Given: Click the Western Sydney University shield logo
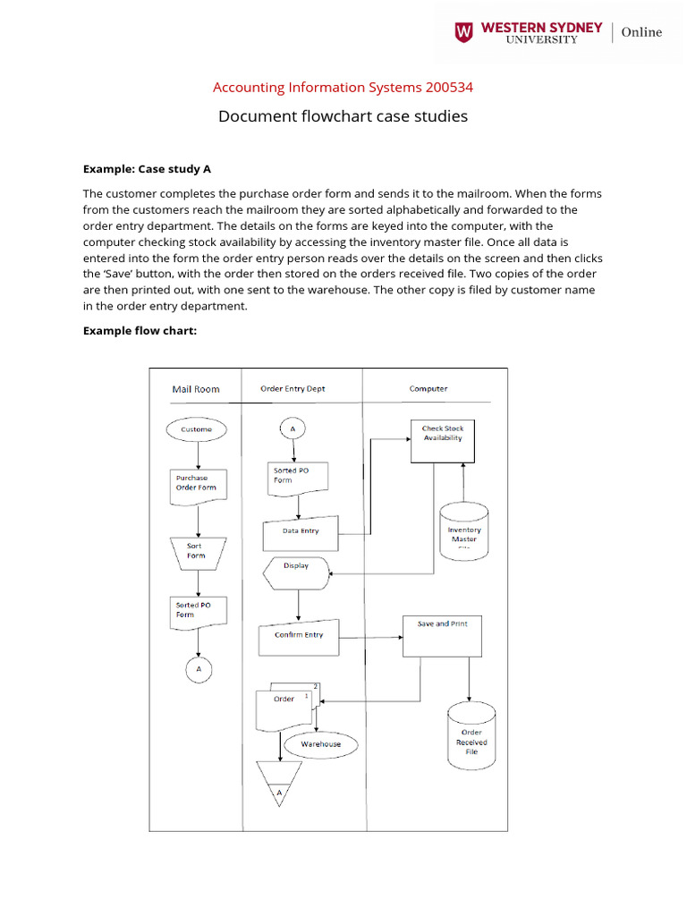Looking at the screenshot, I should pos(463,33).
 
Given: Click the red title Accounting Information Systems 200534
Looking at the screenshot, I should pos(343,88).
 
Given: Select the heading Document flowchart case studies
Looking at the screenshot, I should pos(343,116).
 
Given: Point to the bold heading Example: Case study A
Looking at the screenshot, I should pos(147,168).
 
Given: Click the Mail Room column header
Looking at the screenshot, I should pos(195,389).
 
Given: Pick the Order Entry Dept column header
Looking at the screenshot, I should pos(293,389).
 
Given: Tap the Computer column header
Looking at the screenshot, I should pos(428,389).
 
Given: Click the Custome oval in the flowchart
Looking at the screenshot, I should pos(197,429).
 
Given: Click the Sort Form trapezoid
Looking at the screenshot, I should pos(197,551).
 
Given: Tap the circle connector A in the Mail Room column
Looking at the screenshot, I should pos(199,668).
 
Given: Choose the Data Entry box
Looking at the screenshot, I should pos(301,531).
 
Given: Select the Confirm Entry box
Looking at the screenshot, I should pos(299,636).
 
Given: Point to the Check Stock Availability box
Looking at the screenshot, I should pos(443,440).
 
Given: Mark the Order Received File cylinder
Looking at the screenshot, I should pos(471,735).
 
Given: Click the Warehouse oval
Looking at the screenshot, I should pos(320,744).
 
